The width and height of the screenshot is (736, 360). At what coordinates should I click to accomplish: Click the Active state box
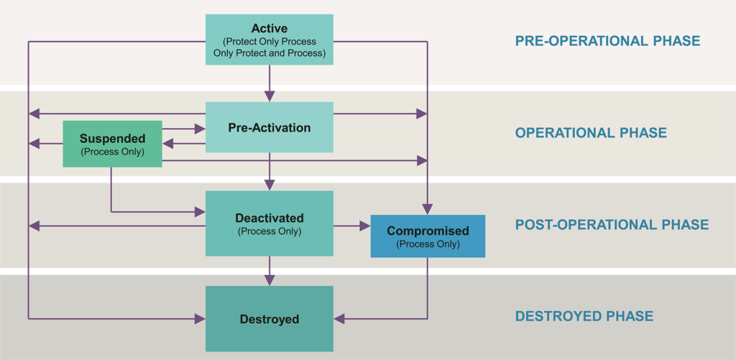point(269,40)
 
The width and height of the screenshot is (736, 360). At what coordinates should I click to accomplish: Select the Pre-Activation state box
point(269,127)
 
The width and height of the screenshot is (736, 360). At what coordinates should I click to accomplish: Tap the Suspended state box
point(112,144)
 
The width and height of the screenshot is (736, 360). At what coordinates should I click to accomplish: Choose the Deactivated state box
point(269,223)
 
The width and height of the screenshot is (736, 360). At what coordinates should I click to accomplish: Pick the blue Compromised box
point(428,236)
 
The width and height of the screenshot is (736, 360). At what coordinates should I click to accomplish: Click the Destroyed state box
point(269,318)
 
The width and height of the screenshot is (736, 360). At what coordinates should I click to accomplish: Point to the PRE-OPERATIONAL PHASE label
point(607,41)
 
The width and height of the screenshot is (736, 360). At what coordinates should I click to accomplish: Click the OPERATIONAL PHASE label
point(591,133)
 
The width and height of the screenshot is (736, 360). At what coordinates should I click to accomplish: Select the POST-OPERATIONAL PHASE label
point(612,225)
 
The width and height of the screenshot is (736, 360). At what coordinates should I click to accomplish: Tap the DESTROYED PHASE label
point(584,316)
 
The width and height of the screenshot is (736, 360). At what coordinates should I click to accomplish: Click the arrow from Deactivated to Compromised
point(351,226)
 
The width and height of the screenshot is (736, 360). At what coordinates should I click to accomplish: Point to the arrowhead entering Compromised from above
point(428,209)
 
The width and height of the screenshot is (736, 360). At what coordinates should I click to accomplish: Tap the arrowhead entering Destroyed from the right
point(339,318)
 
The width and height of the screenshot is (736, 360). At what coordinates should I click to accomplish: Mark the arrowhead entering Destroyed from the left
point(200,318)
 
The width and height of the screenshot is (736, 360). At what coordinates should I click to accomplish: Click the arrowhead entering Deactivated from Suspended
point(200,212)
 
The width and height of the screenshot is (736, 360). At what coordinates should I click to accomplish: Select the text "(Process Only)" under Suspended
point(112,152)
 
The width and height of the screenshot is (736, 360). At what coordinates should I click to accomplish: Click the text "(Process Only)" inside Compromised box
point(428,244)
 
